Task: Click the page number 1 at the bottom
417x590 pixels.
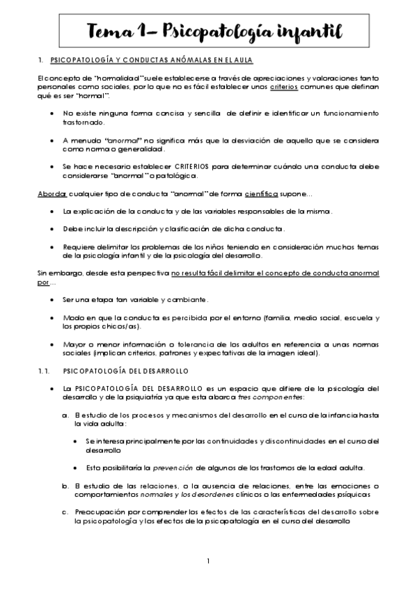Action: click(208, 560)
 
